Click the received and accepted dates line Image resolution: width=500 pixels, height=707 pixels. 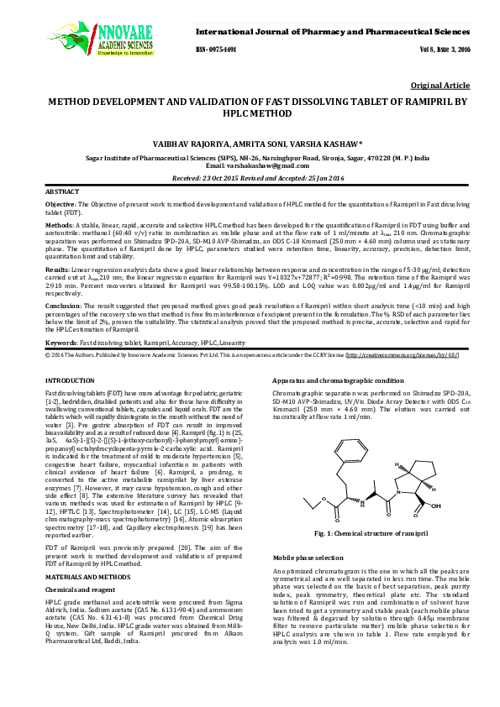pyautogui.click(x=250, y=178)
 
